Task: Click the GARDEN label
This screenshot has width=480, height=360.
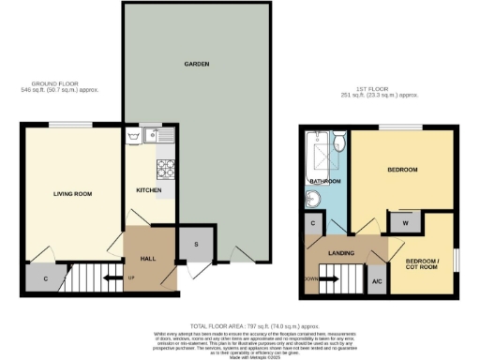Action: click(196, 65)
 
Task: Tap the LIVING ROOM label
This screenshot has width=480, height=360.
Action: click(71, 193)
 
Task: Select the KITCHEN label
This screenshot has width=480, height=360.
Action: click(149, 190)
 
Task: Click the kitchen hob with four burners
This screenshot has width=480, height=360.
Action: click(165, 169)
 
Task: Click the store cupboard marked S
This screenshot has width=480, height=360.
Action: click(195, 244)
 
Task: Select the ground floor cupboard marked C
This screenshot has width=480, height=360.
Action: click(46, 277)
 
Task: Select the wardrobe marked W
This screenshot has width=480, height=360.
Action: click(403, 222)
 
